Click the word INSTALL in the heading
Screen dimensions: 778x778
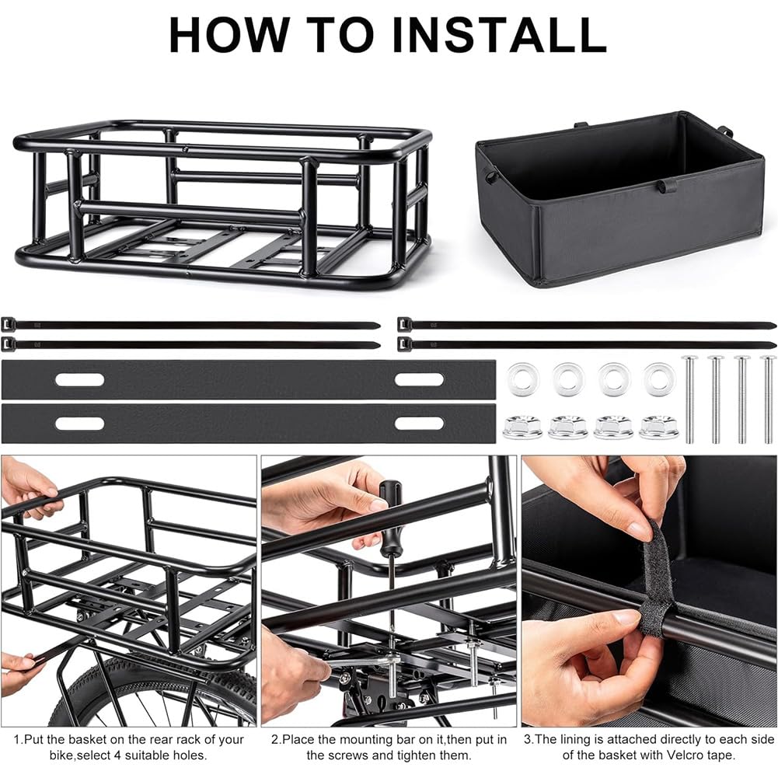(499, 34)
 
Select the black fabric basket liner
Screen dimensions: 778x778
(620, 198)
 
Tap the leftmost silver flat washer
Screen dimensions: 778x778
(523, 379)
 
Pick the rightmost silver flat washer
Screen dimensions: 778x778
(659, 379)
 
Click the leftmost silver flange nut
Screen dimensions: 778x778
(522, 427)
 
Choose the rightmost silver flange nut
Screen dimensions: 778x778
(659, 427)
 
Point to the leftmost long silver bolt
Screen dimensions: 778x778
(689, 399)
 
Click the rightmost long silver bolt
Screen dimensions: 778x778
(769, 399)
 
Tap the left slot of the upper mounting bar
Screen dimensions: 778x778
(80, 380)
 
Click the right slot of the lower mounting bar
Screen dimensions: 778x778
(419, 424)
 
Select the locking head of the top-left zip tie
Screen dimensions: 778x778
(9, 325)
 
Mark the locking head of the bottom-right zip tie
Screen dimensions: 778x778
(405, 344)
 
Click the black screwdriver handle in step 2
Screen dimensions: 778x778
(391, 516)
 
